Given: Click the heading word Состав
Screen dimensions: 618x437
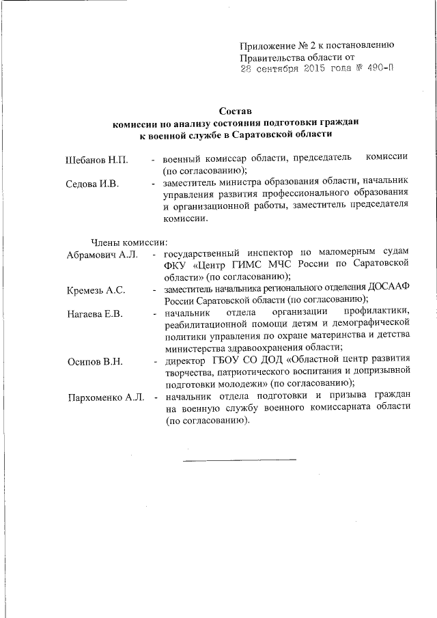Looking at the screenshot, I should click(x=236, y=110).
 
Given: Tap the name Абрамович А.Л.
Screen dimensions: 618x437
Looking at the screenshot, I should click(x=102, y=255).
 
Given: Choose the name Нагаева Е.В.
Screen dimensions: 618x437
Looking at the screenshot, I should click(x=95, y=313).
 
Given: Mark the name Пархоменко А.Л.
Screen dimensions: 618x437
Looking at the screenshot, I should click(x=106, y=397).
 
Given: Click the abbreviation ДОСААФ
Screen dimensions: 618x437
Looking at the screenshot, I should click(x=391, y=289).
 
